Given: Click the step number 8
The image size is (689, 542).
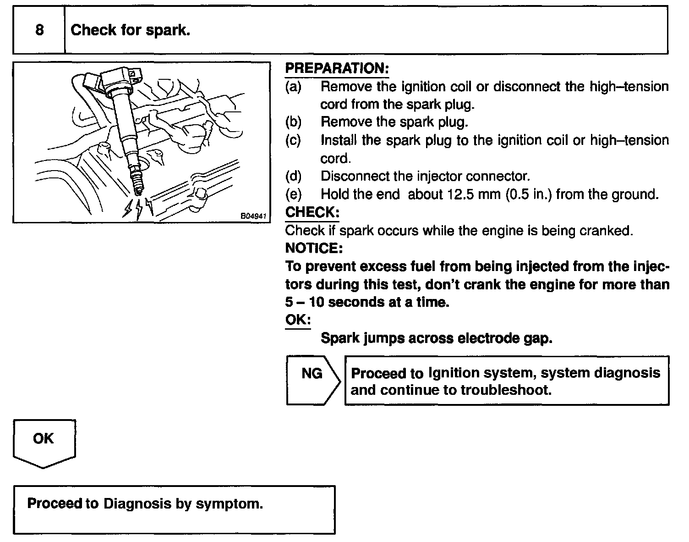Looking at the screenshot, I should (39, 30).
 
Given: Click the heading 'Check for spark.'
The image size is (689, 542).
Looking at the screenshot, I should (130, 30).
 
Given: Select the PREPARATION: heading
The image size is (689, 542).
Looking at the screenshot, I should (337, 69).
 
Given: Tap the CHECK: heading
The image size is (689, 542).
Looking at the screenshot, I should (312, 212).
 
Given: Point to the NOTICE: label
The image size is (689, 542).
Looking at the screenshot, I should (313, 248).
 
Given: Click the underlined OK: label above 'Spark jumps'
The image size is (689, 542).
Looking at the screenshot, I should (298, 320).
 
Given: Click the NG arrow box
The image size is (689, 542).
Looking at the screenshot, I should (313, 380).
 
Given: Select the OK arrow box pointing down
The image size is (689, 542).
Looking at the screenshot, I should (44, 442).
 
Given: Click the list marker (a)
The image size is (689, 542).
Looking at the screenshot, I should (293, 87).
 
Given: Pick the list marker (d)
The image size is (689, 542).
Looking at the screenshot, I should (293, 176).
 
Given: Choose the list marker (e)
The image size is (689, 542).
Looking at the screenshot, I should (293, 194).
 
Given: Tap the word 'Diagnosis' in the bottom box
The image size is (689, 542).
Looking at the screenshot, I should (137, 503).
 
